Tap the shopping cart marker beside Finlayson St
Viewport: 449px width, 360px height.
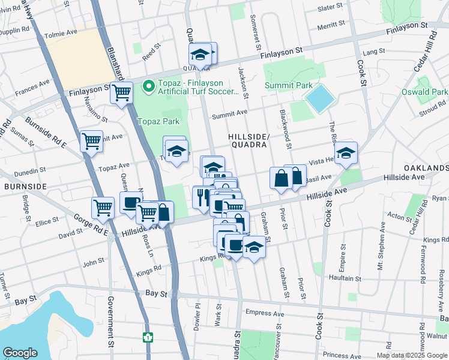pyautogui.click(x=122, y=93)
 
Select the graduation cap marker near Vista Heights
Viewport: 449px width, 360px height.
pyautogui.click(x=346, y=153)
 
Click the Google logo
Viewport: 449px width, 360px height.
pyautogui.click(x=20, y=353)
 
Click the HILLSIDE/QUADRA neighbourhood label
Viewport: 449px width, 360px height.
pyautogui.click(x=248, y=140)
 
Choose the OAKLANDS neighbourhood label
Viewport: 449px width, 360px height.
pyautogui.click(x=426, y=167)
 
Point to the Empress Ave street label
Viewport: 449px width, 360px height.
pyautogui.click(x=265, y=313)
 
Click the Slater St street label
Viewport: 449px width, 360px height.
pyautogui.click(x=330, y=8)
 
